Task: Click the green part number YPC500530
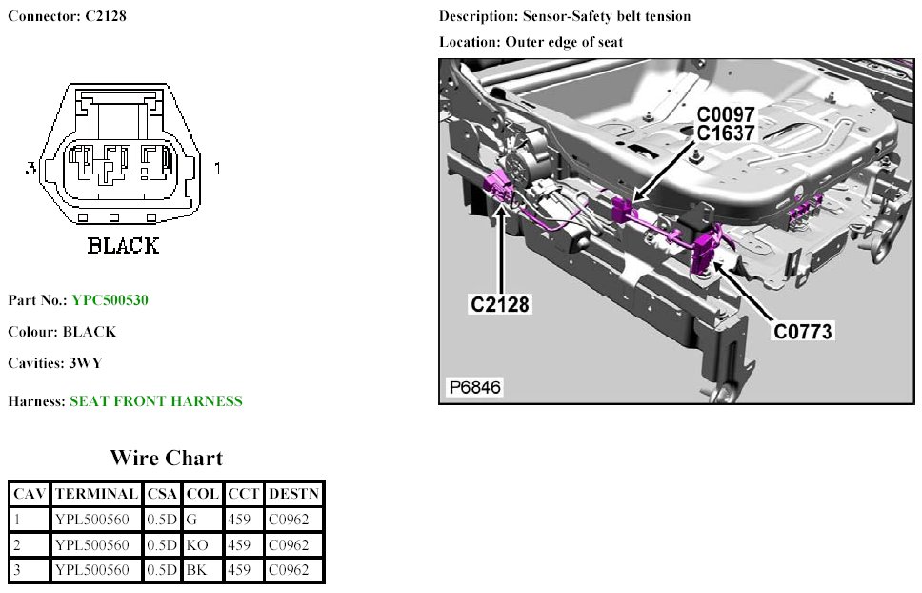click(110, 300)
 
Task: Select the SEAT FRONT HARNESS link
click(156, 401)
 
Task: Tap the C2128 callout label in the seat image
click(500, 304)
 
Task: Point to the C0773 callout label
click(803, 332)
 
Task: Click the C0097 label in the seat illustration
click(726, 113)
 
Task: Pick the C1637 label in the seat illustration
click(726, 133)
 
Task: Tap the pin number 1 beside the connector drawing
click(218, 169)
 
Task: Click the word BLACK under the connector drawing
click(123, 246)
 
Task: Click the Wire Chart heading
click(167, 458)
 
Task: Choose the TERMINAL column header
click(96, 494)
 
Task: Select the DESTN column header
click(294, 494)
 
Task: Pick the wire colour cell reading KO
click(197, 545)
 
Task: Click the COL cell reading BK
click(196, 570)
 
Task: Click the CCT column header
click(243, 494)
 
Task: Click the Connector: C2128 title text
click(67, 16)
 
